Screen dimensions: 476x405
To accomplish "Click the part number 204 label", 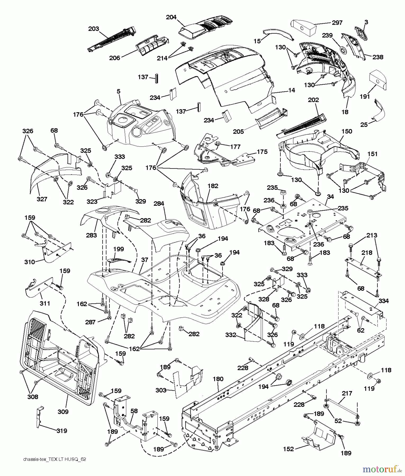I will coord(171,17).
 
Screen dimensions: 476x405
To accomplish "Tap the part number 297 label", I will coord(337,23).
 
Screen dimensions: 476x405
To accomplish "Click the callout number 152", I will coord(288,449).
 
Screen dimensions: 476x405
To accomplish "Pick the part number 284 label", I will coord(159,204).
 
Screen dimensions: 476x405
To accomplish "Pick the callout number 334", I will coord(384,301).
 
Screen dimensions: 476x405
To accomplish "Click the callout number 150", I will coord(347,131).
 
